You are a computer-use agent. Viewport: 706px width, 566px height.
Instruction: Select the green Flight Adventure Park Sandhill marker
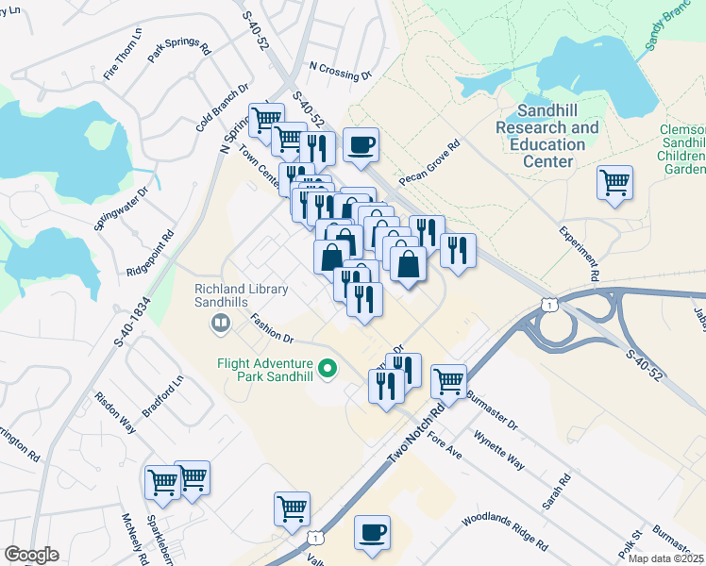[x=328, y=368]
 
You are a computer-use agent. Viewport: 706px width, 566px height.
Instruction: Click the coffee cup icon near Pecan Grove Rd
[x=361, y=145]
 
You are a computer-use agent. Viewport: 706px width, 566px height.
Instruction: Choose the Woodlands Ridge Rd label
[x=504, y=533]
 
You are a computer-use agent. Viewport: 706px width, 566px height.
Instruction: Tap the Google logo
[x=31, y=555]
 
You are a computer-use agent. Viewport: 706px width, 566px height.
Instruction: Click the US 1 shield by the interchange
[x=547, y=301]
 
